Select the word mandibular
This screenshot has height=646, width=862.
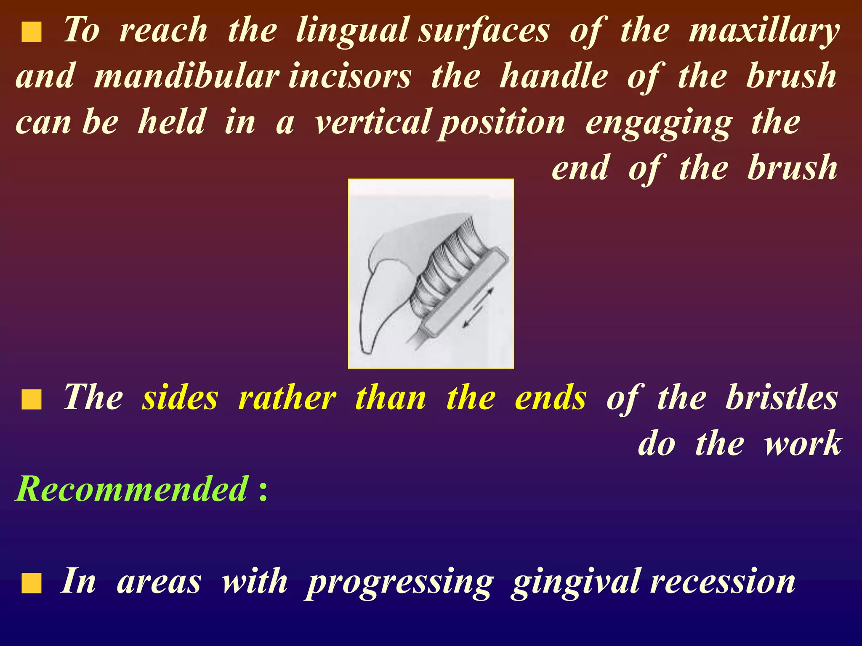[186, 77]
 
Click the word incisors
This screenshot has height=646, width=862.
[349, 77]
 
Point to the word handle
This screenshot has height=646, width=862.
[553, 77]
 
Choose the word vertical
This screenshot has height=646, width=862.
[373, 123]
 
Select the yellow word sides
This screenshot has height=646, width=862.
[180, 398]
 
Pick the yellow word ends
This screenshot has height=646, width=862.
[550, 398]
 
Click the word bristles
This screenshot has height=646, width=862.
[781, 398]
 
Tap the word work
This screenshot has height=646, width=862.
[802, 444]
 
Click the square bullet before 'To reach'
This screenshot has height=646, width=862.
[32, 33]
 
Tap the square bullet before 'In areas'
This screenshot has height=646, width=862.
[32, 584]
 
